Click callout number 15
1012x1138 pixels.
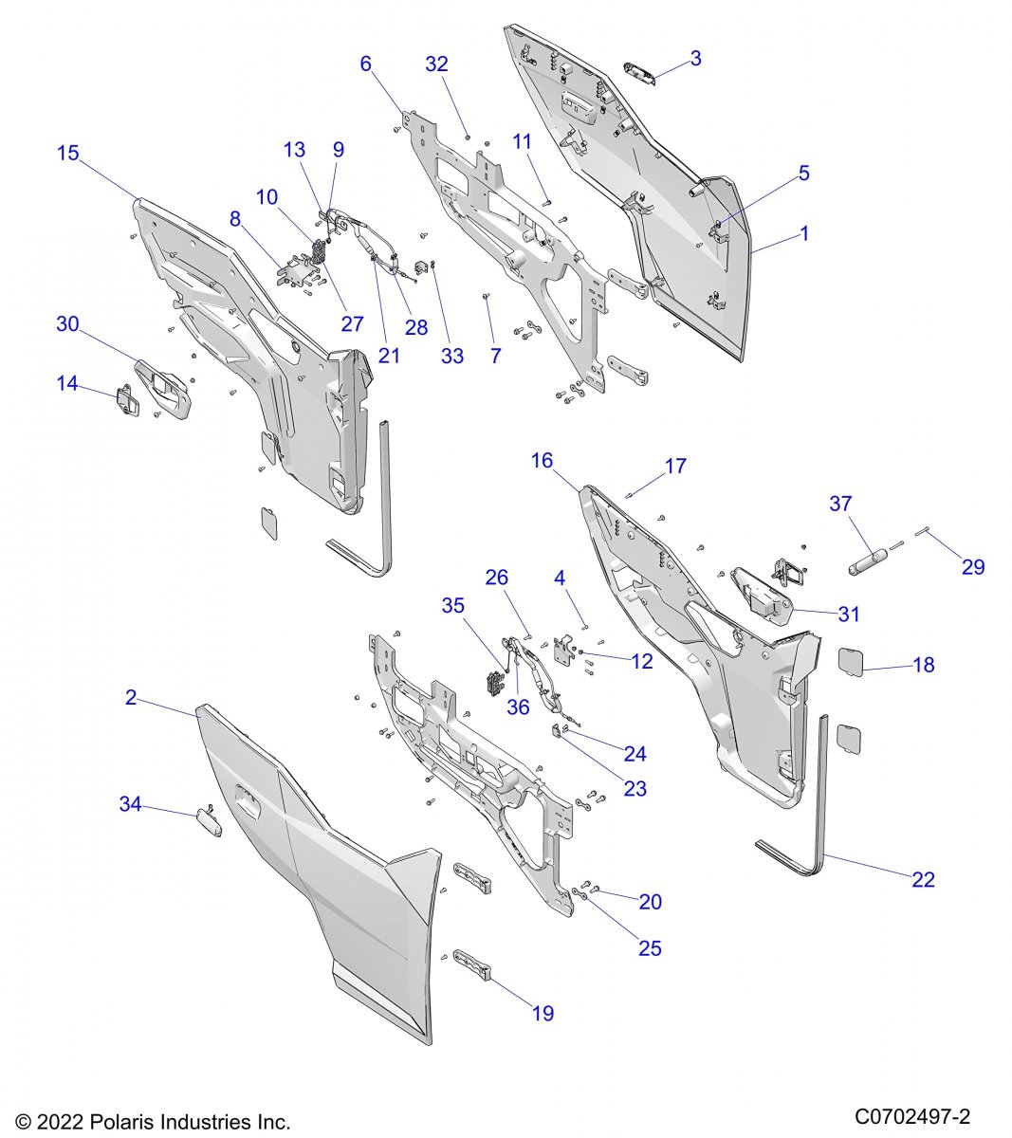68,153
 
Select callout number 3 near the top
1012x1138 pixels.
696,59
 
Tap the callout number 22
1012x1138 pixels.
923,879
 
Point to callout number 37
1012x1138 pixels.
840,504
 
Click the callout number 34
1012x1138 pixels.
130,804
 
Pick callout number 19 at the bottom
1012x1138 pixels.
543,1013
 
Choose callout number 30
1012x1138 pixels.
67,323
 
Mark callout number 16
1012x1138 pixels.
542,461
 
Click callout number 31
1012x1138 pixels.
849,614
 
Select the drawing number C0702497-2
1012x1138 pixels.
911,1115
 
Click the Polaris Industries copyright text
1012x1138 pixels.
153,1122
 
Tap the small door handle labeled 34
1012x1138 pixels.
209,820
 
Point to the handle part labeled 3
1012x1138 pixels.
641,73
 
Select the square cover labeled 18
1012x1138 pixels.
850,660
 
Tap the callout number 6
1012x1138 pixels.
366,64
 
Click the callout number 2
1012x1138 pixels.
131,698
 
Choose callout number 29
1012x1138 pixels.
973,567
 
